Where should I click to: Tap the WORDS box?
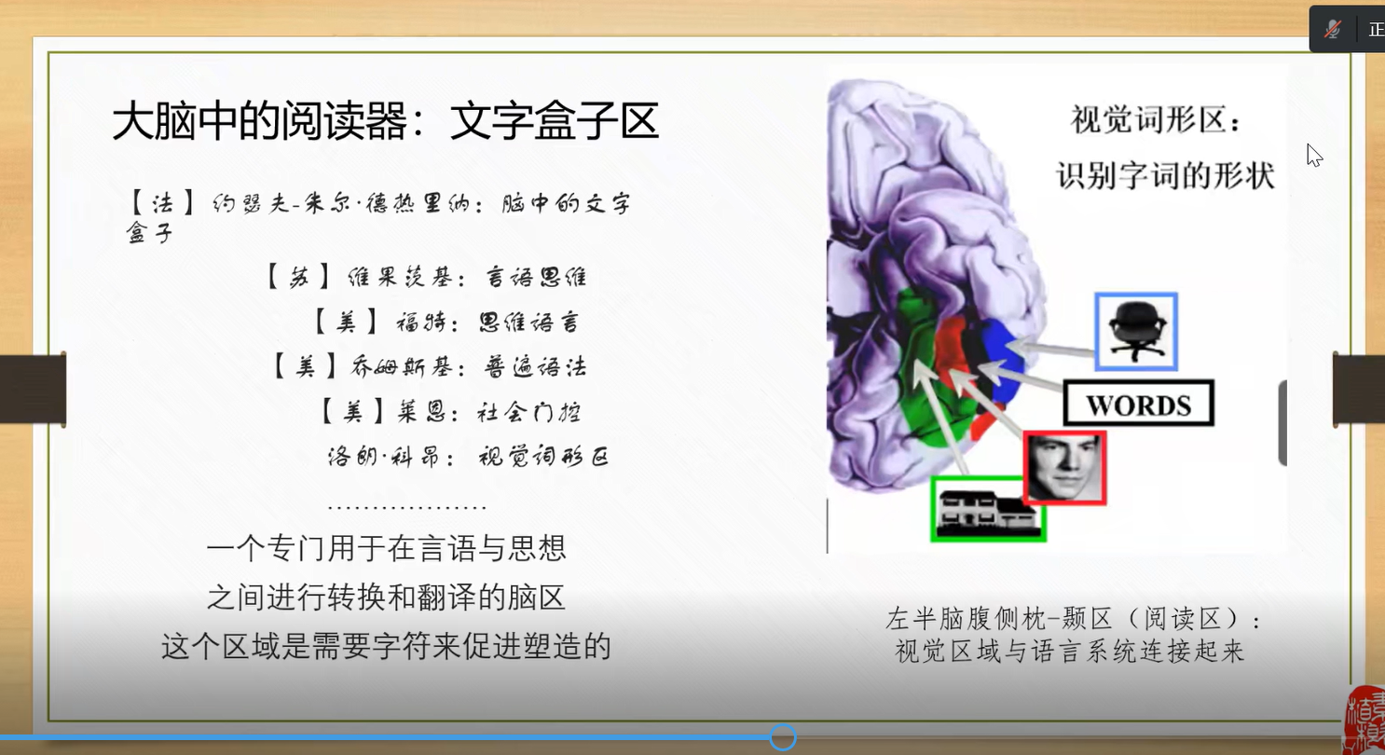(1138, 404)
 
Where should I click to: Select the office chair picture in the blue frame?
(1136, 332)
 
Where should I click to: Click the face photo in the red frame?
(1064, 468)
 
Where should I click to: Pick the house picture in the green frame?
(988, 509)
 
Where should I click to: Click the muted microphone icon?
(1333, 29)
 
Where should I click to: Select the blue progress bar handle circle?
(783, 737)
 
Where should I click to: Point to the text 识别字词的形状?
(1165, 175)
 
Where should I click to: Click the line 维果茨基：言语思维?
(427, 277)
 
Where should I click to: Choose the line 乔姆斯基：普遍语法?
(430, 366)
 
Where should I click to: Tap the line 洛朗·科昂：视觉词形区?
(468, 457)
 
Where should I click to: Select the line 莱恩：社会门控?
(451, 412)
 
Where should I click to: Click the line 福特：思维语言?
(446, 323)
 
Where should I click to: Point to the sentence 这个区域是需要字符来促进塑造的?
(387, 647)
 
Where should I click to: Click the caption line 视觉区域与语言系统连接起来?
(1070, 652)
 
